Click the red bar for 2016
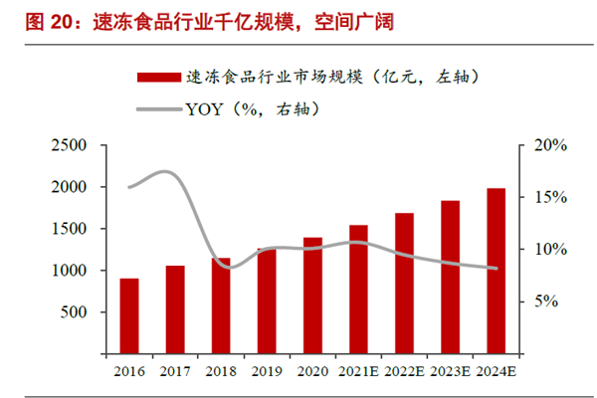[x=129, y=315]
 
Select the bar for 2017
[x=175, y=309]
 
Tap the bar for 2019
[x=267, y=300]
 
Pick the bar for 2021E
[x=358, y=289]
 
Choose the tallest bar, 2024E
[x=496, y=271]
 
